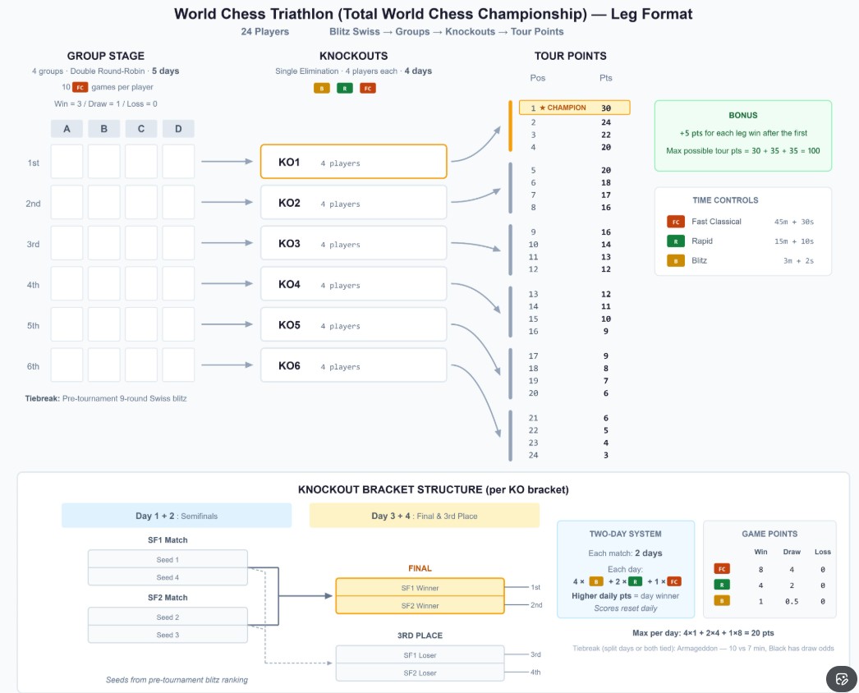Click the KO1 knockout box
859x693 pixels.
point(353,163)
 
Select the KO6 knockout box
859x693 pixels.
point(353,366)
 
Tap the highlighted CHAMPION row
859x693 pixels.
point(575,108)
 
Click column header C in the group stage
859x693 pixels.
point(141,129)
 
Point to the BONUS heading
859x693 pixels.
point(742,115)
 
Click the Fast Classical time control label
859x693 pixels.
point(716,222)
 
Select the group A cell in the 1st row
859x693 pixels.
point(67,162)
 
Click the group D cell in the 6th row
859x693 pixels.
point(178,365)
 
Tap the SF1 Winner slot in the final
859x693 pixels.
point(420,588)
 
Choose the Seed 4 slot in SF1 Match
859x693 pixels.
point(168,577)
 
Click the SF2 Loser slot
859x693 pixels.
point(420,672)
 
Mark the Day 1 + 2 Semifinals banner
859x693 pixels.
point(177,516)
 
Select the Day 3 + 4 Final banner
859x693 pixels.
point(424,516)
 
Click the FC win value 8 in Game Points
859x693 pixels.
point(761,569)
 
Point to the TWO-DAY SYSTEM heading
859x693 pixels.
point(625,534)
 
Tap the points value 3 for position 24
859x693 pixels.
point(605,455)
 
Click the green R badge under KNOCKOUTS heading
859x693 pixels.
point(345,88)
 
